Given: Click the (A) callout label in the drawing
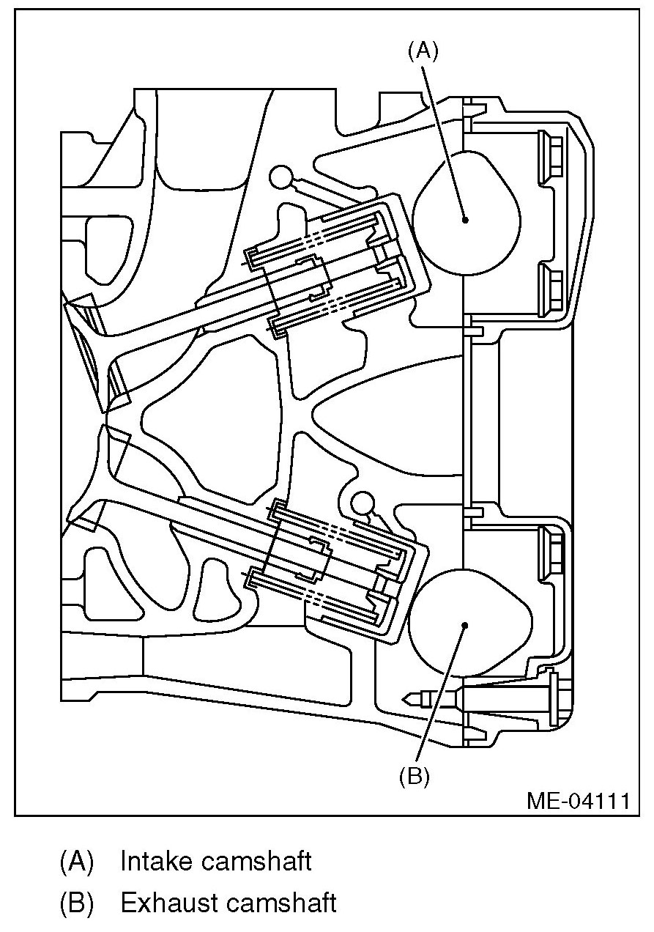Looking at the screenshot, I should [x=423, y=51].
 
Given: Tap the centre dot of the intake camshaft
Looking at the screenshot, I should [x=465, y=218].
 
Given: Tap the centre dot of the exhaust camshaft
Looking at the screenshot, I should [x=465, y=625].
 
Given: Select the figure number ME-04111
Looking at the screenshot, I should [x=578, y=800].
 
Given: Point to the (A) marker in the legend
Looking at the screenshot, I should [x=77, y=862].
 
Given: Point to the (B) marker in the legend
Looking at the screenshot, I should [x=77, y=903].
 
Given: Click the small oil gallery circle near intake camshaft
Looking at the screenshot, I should [x=280, y=176].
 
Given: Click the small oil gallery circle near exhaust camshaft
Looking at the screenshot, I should [x=362, y=503].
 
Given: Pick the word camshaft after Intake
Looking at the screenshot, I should [x=256, y=862].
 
